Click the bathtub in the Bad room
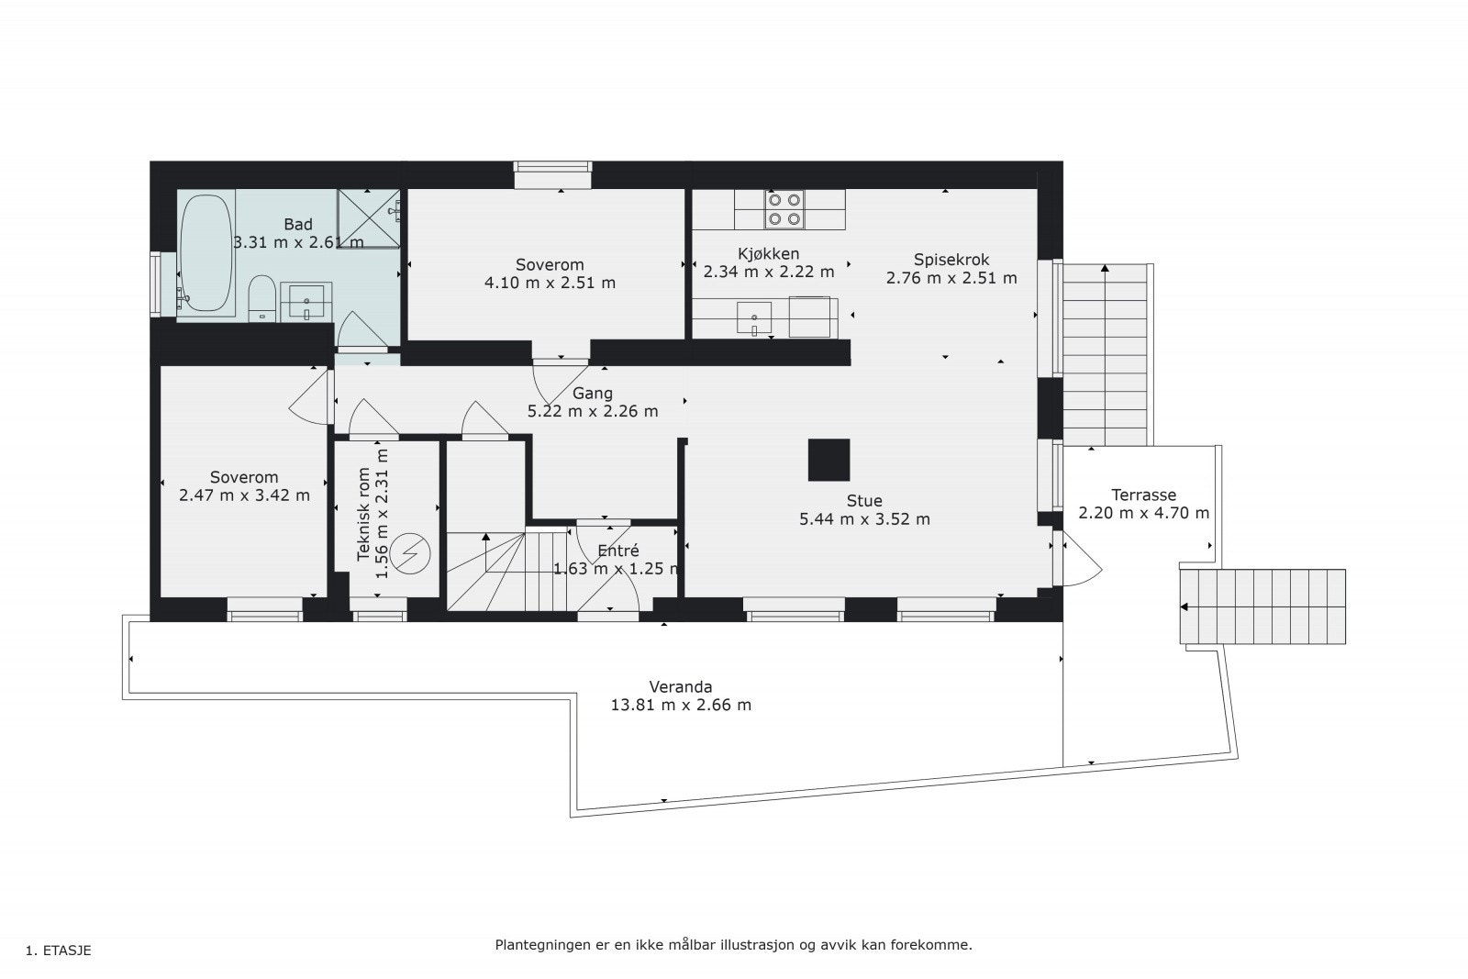(205, 254)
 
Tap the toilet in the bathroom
(262, 297)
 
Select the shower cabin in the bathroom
(369, 219)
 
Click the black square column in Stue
(829, 460)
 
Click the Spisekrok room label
(951, 260)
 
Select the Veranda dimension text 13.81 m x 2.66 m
(681, 706)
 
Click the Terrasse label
(1143, 495)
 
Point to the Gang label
(593, 394)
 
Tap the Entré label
(617, 551)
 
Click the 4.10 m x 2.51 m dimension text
(550, 283)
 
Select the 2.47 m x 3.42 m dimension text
(244, 495)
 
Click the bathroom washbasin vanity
(306, 301)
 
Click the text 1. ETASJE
(59, 951)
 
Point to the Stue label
(864, 501)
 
